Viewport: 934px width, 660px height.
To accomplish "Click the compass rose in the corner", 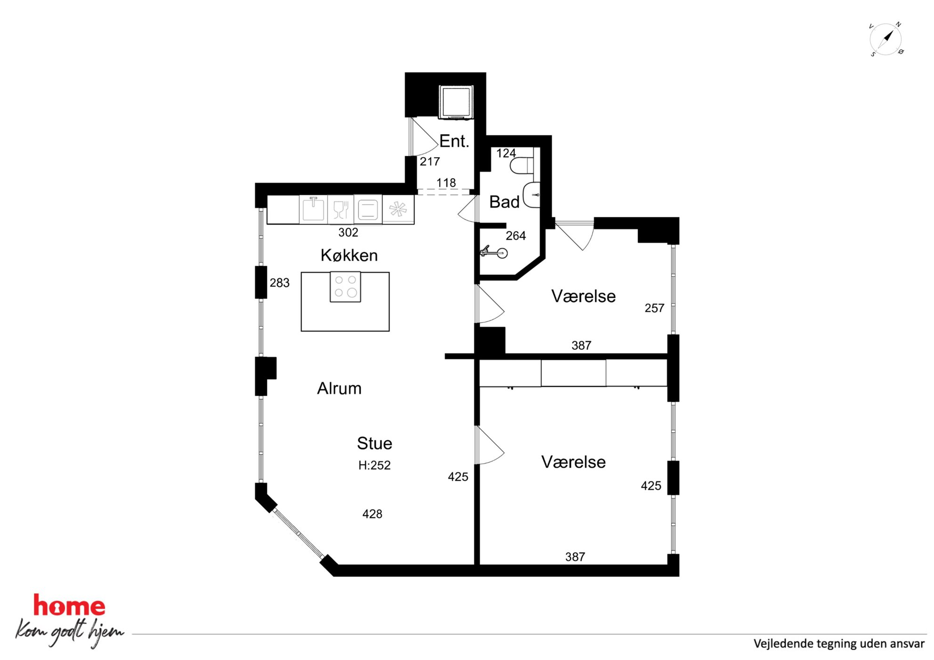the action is coord(886,39).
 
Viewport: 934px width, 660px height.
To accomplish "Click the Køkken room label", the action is coord(349,255).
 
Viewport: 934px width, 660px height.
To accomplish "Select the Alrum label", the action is coord(339,388).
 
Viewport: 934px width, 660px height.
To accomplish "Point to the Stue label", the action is coord(374,443).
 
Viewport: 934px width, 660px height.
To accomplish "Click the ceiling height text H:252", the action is coord(374,465).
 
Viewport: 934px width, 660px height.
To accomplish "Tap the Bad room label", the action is coord(504,202).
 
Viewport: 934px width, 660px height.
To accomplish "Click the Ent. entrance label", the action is coord(454,141).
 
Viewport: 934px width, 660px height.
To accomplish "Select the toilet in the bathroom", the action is coord(522,166).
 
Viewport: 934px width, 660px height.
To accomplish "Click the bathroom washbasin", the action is coord(531,194).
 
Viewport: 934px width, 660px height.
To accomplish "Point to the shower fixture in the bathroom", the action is coord(493,252).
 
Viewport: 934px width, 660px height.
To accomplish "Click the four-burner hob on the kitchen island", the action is coord(345,286).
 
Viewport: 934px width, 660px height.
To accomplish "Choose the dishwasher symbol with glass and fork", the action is coord(340,209).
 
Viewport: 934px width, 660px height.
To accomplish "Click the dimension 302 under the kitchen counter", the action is coord(348,232).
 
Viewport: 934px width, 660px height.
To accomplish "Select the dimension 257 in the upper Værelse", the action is coord(654,308).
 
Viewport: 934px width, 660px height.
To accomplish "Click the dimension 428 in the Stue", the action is coord(372,514).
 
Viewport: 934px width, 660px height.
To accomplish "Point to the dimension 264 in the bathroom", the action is coord(515,236).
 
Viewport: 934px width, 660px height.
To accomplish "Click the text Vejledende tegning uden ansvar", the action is coord(839,644).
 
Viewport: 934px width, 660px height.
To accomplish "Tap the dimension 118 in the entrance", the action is coord(446,183).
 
